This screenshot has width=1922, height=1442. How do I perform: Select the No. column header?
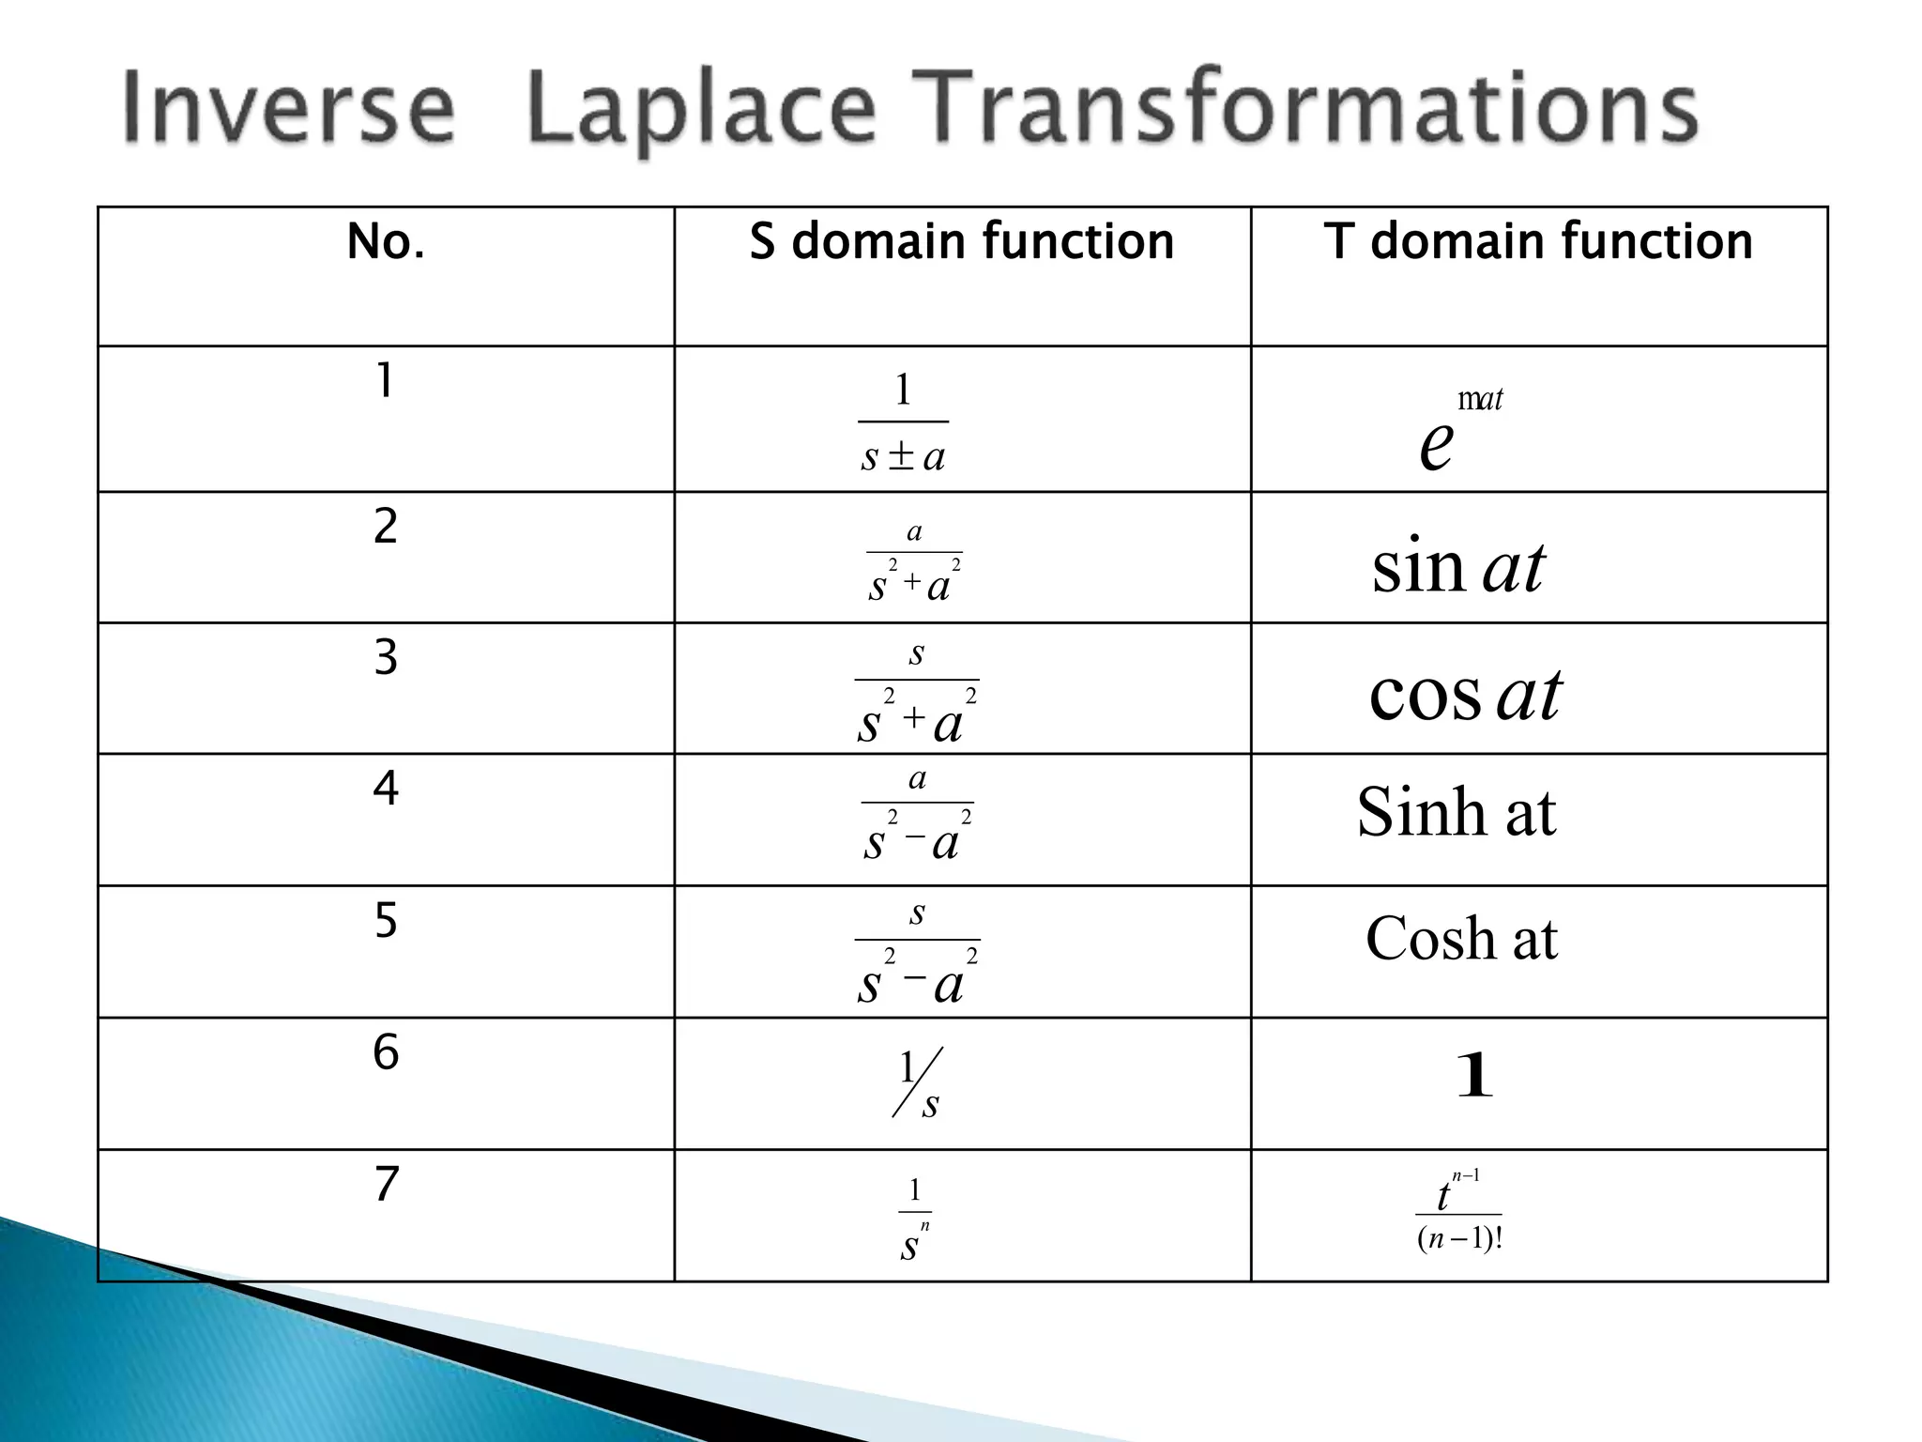386,241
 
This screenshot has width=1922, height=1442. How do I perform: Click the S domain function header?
961,241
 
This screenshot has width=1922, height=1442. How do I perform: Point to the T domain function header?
1538,241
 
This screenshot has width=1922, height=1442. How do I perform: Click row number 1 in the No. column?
384,381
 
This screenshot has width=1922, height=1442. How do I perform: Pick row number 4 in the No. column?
386,788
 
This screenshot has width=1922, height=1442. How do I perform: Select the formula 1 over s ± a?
903,422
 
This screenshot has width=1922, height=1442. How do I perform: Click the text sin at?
1457,567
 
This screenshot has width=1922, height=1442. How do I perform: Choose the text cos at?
1465,695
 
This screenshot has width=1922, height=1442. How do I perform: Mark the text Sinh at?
1456,812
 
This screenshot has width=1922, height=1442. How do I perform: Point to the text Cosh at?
1461,938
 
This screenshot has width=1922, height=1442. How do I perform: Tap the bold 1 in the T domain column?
1473,1076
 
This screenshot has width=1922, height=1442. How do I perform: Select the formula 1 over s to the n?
914,1219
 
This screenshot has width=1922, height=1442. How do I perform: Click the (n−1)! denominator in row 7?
1459,1239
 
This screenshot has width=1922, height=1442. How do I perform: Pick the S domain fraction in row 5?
917,953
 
